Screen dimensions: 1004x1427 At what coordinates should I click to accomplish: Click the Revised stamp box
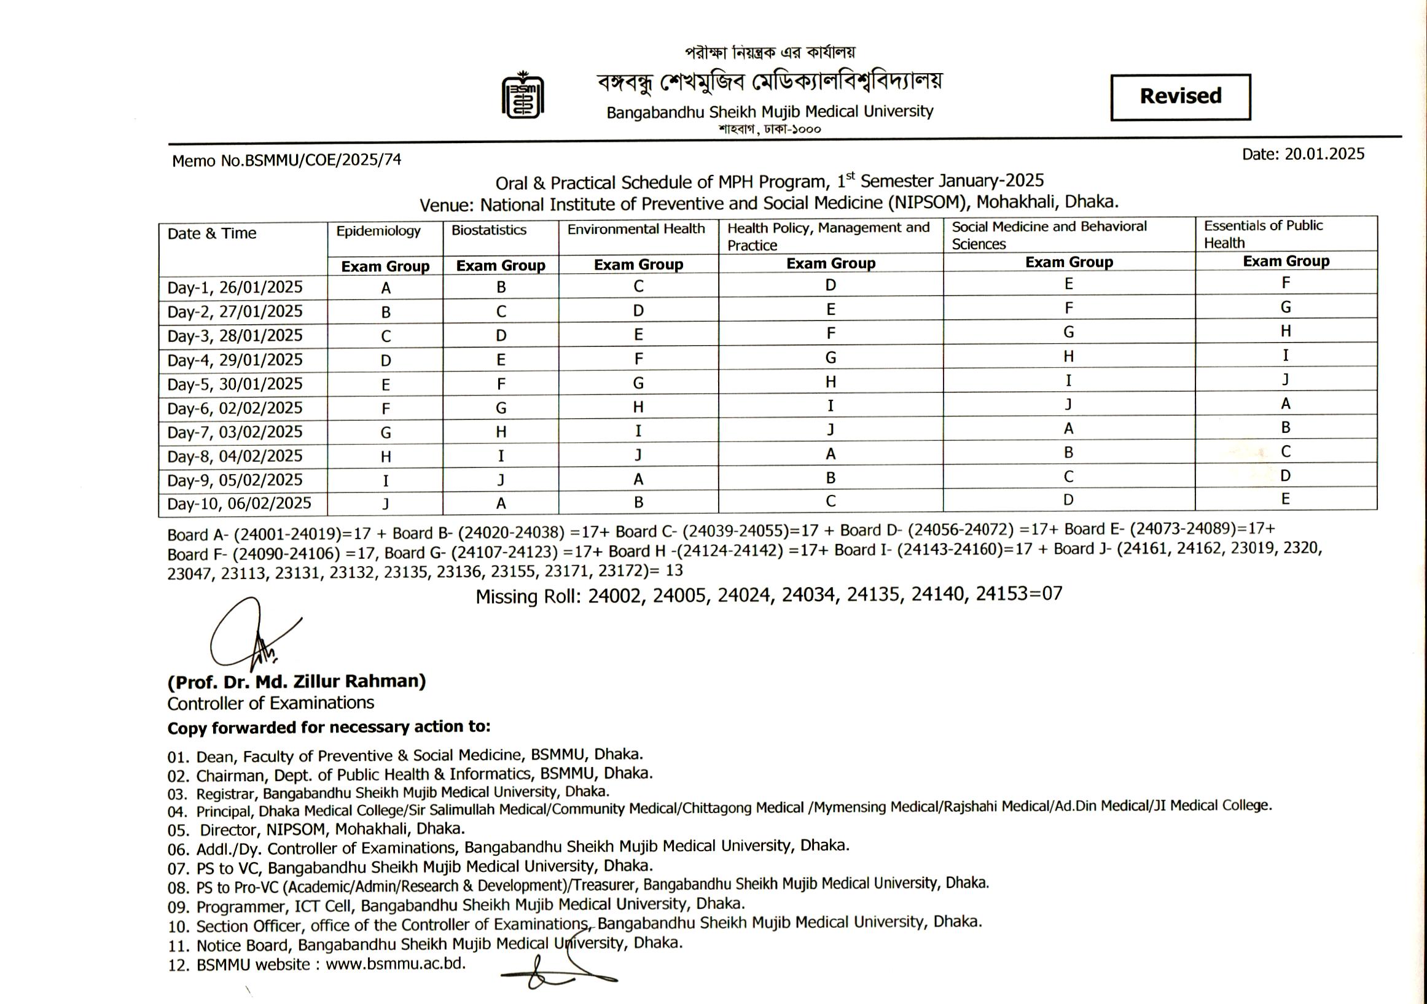1180,97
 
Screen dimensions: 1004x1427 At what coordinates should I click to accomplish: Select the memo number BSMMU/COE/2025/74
323,160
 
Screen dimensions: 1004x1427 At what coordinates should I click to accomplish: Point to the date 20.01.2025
1324,154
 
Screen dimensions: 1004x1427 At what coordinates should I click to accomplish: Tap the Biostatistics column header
488,230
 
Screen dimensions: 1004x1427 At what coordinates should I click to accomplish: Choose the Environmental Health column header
636,229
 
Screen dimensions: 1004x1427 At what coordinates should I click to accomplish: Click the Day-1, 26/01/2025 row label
235,287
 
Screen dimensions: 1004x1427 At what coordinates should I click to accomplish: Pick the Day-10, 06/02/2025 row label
240,504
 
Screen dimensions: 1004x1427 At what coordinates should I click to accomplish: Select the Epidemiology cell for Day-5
385,384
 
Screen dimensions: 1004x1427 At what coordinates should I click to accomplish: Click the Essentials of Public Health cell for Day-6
1285,404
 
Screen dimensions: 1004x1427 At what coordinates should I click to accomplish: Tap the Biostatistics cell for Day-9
501,480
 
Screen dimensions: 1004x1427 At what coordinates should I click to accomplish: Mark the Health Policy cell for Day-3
831,333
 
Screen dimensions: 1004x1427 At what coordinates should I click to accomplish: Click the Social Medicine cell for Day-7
1068,429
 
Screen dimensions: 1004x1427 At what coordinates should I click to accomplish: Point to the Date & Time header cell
212,233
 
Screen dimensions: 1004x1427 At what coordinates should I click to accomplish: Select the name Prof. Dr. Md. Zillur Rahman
297,682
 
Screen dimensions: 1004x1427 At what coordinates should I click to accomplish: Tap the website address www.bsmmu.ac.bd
395,963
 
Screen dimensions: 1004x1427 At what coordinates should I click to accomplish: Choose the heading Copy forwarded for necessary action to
329,727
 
